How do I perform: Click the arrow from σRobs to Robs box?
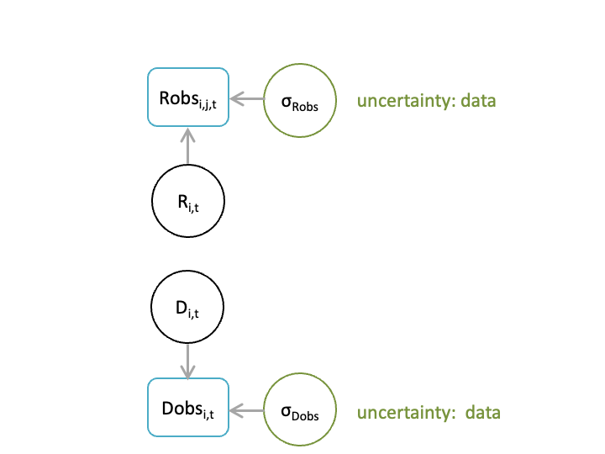[x=247, y=99]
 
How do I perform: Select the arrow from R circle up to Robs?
[x=188, y=146]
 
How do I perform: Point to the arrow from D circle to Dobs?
[x=187, y=362]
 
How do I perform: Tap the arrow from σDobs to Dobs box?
[x=247, y=410]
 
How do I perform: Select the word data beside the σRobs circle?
[x=478, y=100]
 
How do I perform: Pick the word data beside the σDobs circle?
[x=482, y=412]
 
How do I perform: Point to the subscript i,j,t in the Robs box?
[x=208, y=104]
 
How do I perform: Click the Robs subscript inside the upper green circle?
[x=305, y=107]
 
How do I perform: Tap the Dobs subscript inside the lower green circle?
[x=305, y=416]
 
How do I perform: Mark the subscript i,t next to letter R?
[x=193, y=208]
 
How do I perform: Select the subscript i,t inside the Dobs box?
[x=208, y=414]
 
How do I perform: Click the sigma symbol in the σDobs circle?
[x=286, y=411]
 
